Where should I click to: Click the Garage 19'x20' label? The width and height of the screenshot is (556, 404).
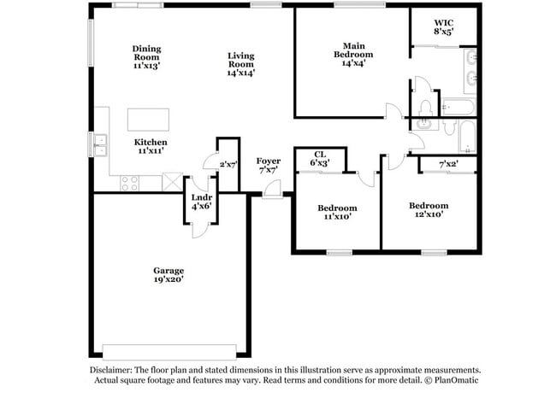click(169, 274)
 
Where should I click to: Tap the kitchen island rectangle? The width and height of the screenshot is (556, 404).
click(148, 118)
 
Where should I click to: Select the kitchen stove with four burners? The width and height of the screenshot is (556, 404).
click(130, 182)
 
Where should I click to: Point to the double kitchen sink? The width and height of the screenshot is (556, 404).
click(101, 146)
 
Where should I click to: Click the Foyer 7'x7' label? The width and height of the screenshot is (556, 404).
click(269, 166)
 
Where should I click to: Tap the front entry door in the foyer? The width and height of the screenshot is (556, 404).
click(271, 194)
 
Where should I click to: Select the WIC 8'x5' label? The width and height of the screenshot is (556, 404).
click(443, 26)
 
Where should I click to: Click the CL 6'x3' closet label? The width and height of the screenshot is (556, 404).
click(319, 157)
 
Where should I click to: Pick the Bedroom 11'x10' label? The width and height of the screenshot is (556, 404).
click(337, 212)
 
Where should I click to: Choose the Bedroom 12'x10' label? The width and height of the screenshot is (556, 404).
click(428, 209)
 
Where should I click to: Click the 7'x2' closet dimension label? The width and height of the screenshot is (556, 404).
click(448, 164)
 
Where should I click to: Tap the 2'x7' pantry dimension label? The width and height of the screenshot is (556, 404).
click(228, 163)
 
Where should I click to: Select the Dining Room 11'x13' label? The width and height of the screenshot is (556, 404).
click(146, 56)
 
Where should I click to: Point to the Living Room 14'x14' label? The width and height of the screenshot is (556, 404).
click(240, 64)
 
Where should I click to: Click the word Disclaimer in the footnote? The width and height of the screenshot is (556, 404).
click(113, 369)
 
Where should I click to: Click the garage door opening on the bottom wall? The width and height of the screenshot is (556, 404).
click(169, 351)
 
